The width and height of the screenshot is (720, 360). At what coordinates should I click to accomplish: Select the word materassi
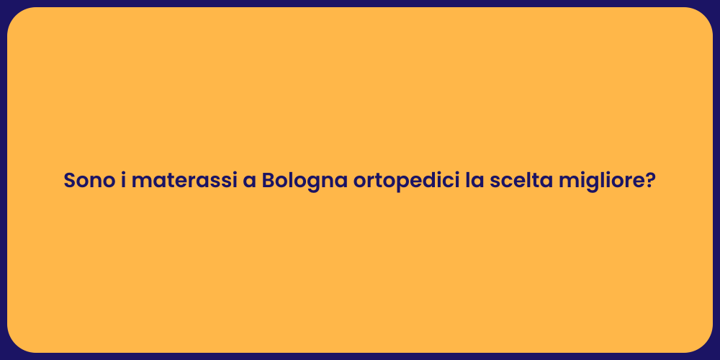[x=184, y=180]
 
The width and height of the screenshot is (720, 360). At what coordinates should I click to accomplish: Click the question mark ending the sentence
[x=650, y=180]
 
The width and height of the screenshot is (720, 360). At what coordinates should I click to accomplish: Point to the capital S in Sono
[x=70, y=180]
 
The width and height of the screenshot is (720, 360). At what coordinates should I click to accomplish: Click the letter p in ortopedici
[x=390, y=183]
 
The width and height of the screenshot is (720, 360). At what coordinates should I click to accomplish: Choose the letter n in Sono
[x=94, y=181]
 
